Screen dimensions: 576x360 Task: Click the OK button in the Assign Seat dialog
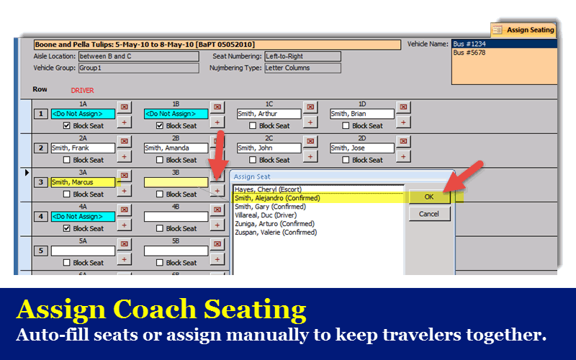pyautogui.click(x=429, y=197)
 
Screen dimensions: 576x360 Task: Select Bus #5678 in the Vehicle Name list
pyautogui.click(x=469, y=53)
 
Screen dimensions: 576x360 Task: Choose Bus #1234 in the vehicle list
pyautogui.click(x=469, y=44)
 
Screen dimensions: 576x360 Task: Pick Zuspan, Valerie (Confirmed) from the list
pyautogui.click(x=276, y=232)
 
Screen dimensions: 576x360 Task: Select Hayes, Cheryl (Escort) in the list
pyautogui.click(x=268, y=189)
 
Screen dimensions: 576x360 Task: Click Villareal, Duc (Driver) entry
pyautogui.click(x=266, y=215)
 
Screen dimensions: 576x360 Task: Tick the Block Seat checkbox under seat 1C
pyautogui.click(x=253, y=125)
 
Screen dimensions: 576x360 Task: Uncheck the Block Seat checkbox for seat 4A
pyautogui.click(x=66, y=228)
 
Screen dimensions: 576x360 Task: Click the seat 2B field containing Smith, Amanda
pyautogui.click(x=176, y=148)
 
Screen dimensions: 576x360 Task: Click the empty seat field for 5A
pyautogui.click(x=83, y=251)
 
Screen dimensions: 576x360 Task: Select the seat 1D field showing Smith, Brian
pyautogui.click(x=362, y=114)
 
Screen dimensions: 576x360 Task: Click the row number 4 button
pyautogui.click(x=41, y=217)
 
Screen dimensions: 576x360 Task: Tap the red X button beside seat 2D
pyautogui.click(x=403, y=141)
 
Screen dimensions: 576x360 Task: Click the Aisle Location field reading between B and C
pyautogui.click(x=139, y=56)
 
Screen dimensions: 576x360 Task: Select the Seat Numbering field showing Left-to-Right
pyautogui.click(x=302, y=56)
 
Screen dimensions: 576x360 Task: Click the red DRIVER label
pyautogui.click(x=82, y=91)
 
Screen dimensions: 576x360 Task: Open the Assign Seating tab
pyautogui.click(x=524, y=30)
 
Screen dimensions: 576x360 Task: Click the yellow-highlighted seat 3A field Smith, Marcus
pyautogui.click(x=83, y=182)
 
